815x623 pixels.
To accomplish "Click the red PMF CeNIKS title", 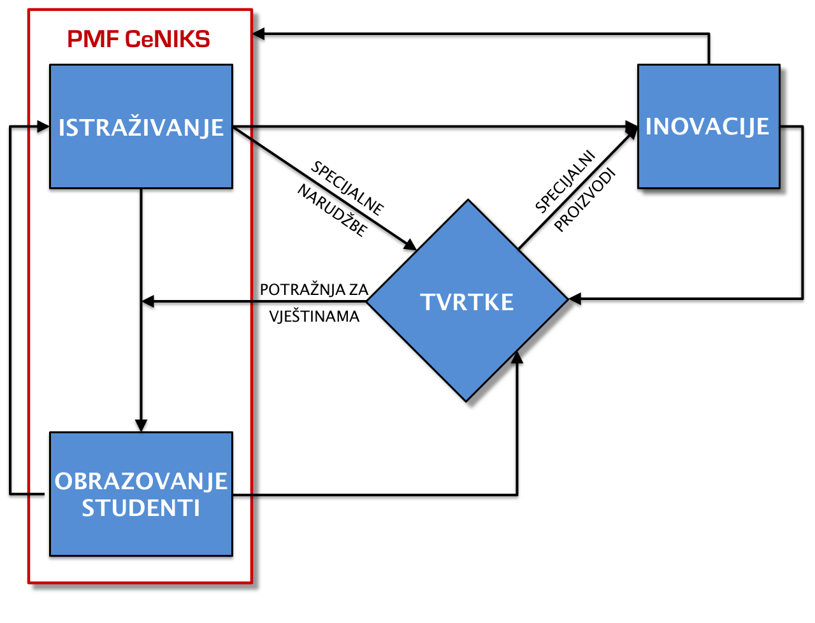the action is (138, 39).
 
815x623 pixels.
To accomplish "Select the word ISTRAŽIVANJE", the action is (141, 127).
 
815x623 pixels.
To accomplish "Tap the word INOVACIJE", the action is (707, 127).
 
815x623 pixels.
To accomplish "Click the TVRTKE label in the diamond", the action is (466, 302).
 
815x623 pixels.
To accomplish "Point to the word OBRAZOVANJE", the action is (141, 481).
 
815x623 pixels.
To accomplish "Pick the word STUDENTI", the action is (141, 508).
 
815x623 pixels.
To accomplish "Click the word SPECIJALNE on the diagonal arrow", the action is (347, 189).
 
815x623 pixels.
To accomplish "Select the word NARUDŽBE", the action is (333, 210).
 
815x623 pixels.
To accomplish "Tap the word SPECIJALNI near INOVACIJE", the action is (565, 182).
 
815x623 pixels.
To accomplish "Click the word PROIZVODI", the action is (584, 201).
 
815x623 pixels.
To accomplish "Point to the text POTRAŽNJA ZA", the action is (314, 290).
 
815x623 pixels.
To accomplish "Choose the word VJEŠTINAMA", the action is (314, 317).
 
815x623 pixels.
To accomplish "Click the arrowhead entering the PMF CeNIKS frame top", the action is (259, 34).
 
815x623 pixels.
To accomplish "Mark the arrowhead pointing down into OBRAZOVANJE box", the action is (141, 426).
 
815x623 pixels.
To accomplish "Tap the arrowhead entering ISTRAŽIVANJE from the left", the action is (43, 127).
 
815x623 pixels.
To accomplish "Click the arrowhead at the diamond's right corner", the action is (575, 299).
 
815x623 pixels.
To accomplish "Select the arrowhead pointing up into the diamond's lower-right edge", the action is (517, 357).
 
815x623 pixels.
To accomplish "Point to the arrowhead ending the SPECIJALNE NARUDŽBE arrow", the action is (410, 245).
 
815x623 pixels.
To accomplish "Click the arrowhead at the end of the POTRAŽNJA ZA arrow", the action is (148, 301).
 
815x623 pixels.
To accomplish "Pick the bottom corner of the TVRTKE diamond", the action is (466, 401).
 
